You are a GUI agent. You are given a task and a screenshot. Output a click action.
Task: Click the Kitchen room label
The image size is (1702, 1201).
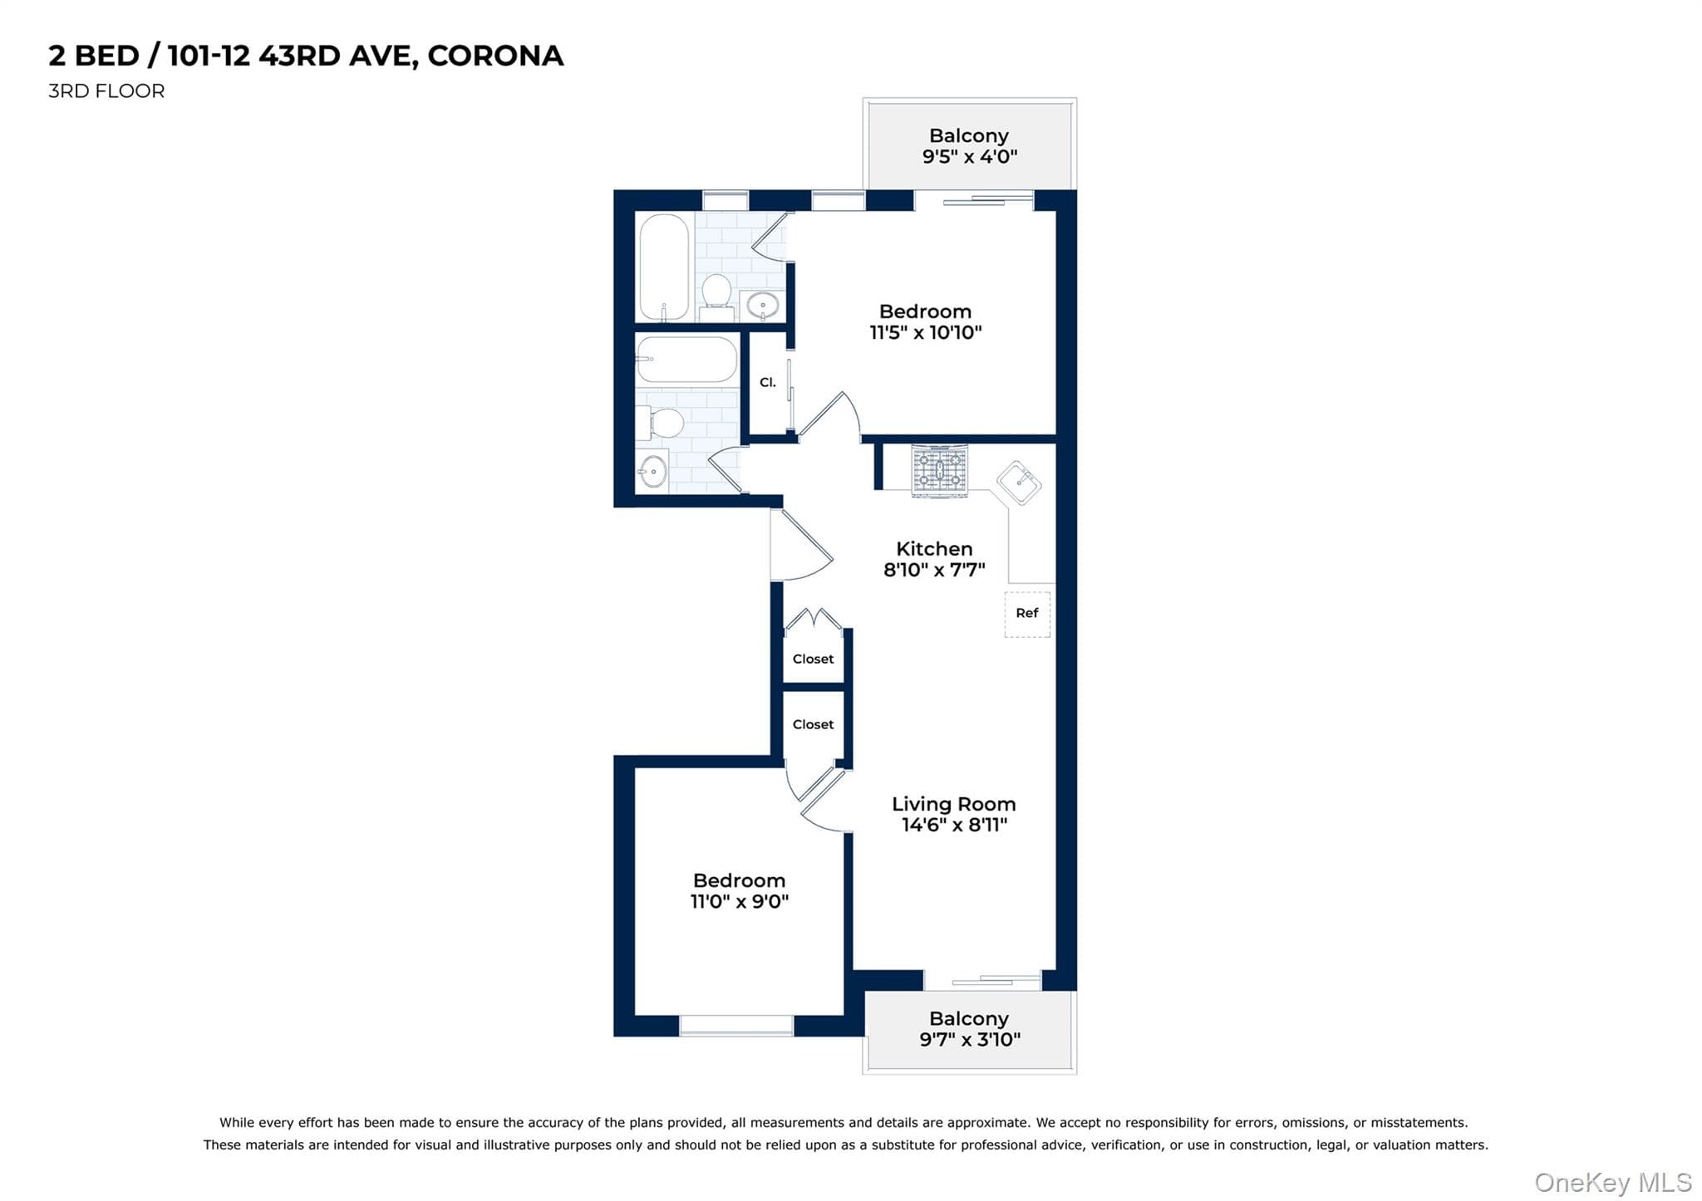933,549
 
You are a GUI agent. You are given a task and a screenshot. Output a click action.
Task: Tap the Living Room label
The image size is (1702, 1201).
953,804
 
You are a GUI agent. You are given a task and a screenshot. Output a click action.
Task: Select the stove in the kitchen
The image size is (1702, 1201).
939,471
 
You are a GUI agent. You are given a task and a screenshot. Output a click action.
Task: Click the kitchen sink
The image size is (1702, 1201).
1019,483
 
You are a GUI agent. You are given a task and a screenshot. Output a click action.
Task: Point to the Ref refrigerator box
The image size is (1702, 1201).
1027,614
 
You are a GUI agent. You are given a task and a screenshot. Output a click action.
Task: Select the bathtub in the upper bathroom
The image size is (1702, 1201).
663,267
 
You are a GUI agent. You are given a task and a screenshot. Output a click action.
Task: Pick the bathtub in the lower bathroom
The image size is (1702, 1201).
686,360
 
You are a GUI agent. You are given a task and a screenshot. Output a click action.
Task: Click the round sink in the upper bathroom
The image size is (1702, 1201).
762,306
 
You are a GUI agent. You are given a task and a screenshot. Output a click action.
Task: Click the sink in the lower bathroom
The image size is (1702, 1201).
652,472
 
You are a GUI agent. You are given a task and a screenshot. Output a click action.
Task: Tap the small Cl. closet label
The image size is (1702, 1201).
768,383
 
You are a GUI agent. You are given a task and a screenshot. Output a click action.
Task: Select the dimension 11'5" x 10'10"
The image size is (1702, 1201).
925,333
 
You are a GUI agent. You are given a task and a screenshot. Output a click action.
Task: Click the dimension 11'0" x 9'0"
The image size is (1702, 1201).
739,902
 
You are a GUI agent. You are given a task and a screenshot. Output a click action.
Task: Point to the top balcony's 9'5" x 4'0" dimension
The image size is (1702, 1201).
969,157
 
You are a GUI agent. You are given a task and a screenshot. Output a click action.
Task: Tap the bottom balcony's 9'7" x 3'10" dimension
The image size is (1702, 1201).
969,1040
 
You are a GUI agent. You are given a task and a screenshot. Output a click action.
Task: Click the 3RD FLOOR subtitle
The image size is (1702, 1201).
106,91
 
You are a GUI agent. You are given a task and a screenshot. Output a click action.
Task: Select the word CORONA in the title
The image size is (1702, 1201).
495,56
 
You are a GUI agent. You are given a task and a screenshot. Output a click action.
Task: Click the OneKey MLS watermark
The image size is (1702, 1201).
1612,1182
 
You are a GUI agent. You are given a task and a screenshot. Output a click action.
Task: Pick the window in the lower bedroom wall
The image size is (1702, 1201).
736,1026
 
